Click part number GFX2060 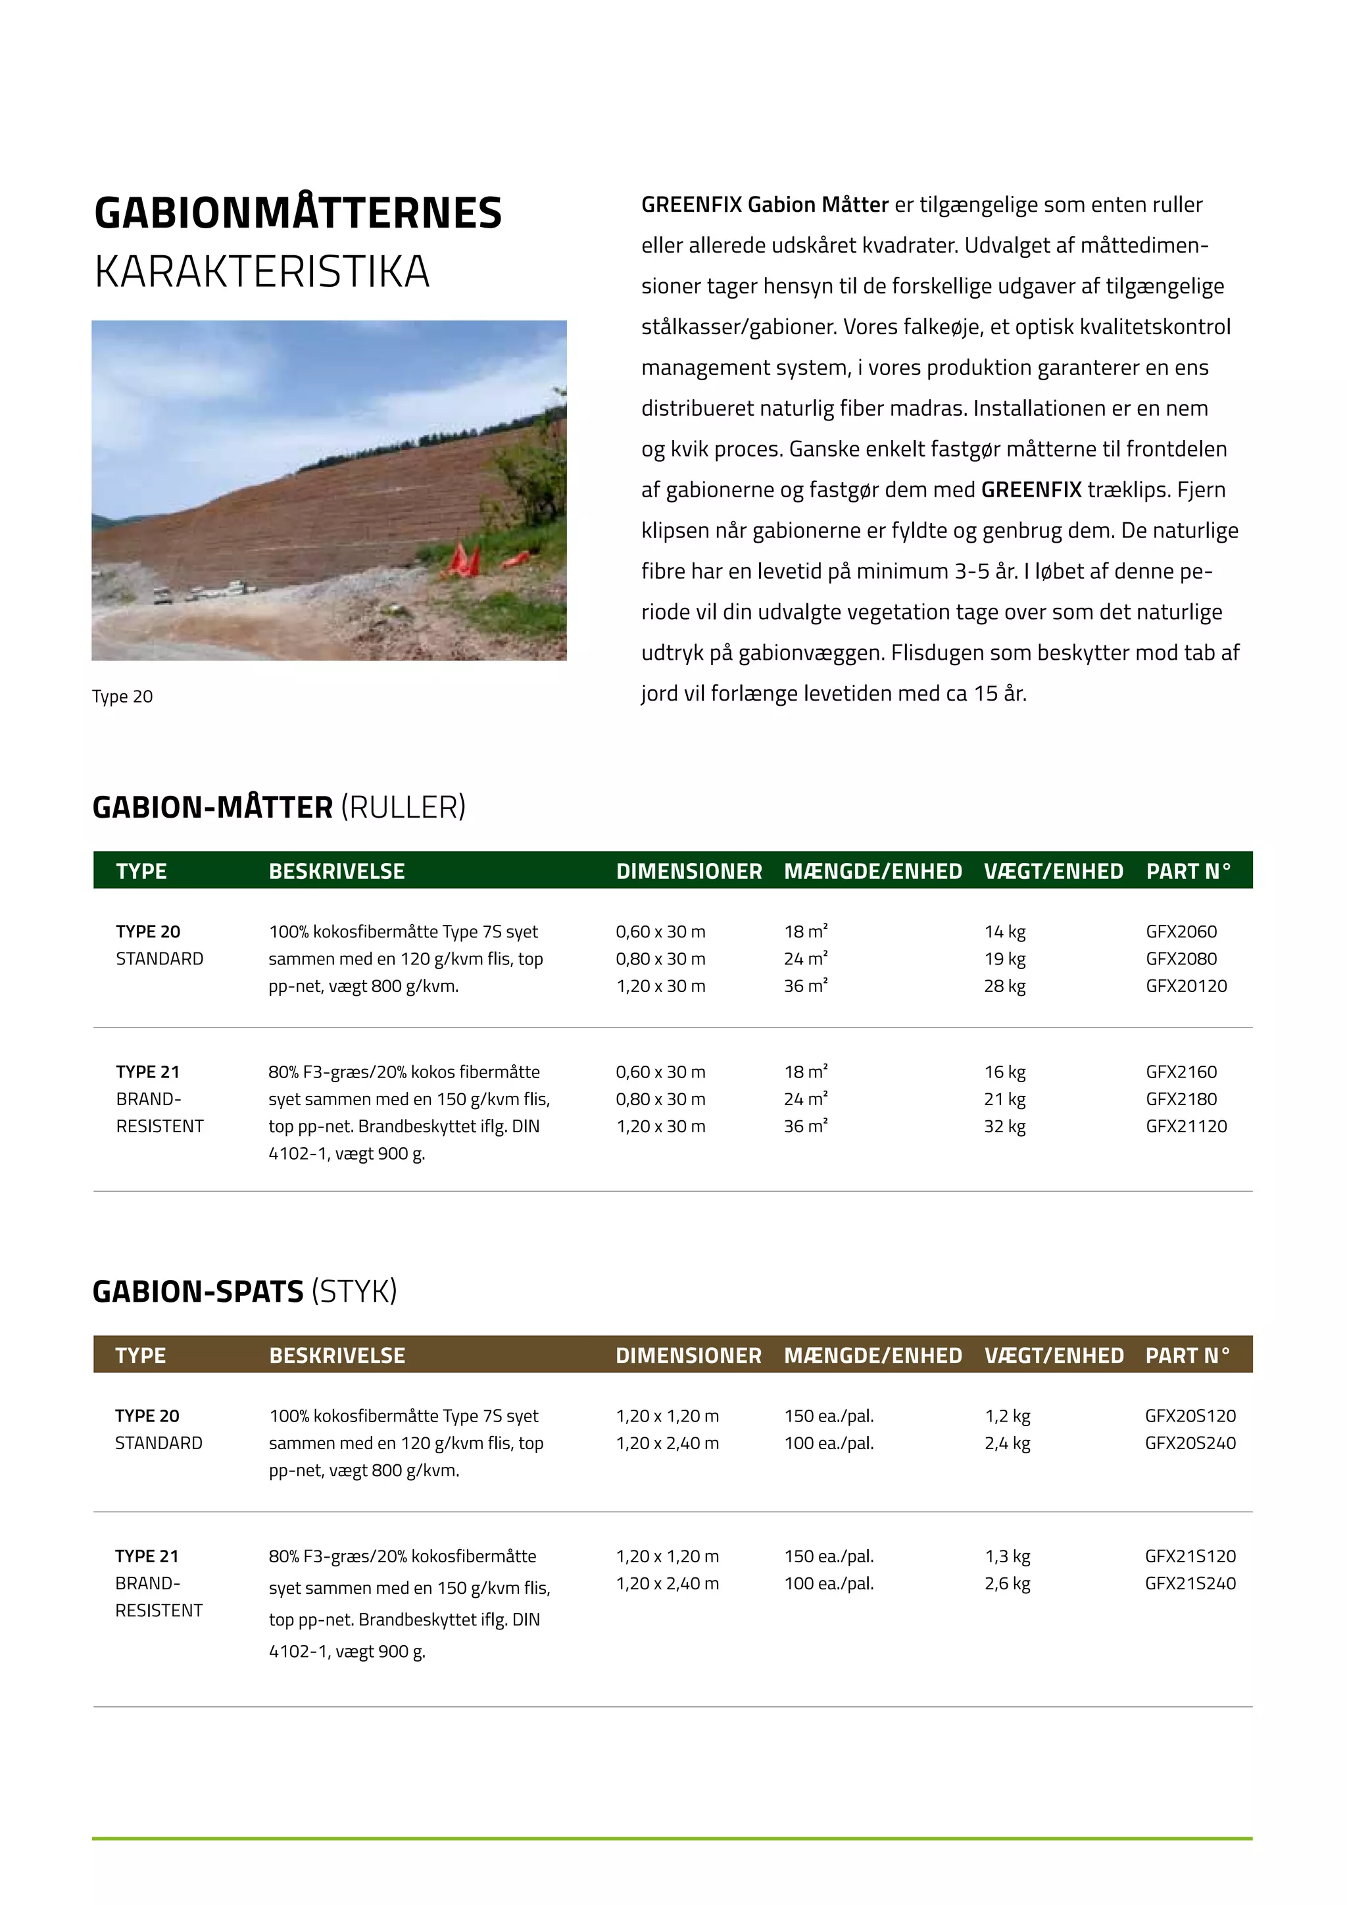(x=1181, y=931)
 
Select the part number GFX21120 (x=1186, y=1126)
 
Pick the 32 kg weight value (x=1004, y=1126)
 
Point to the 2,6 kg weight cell (x=1007, y=1583)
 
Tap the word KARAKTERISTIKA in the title (x=262, y=272)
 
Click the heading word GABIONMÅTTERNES (x=298, y=213)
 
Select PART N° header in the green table (x=1188, y=871)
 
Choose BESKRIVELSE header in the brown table (x=337, y=1356)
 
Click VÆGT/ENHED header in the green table (x=1054, y=871)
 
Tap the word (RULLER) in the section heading (x=403, y=807)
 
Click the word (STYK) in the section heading (x=354, y=1292)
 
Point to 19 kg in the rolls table (x=1004, y=958)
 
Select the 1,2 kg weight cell (x=1007, y=1416)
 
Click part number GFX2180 (x=1181, y=1099)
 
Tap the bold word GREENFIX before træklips (x=1031, y=489)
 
